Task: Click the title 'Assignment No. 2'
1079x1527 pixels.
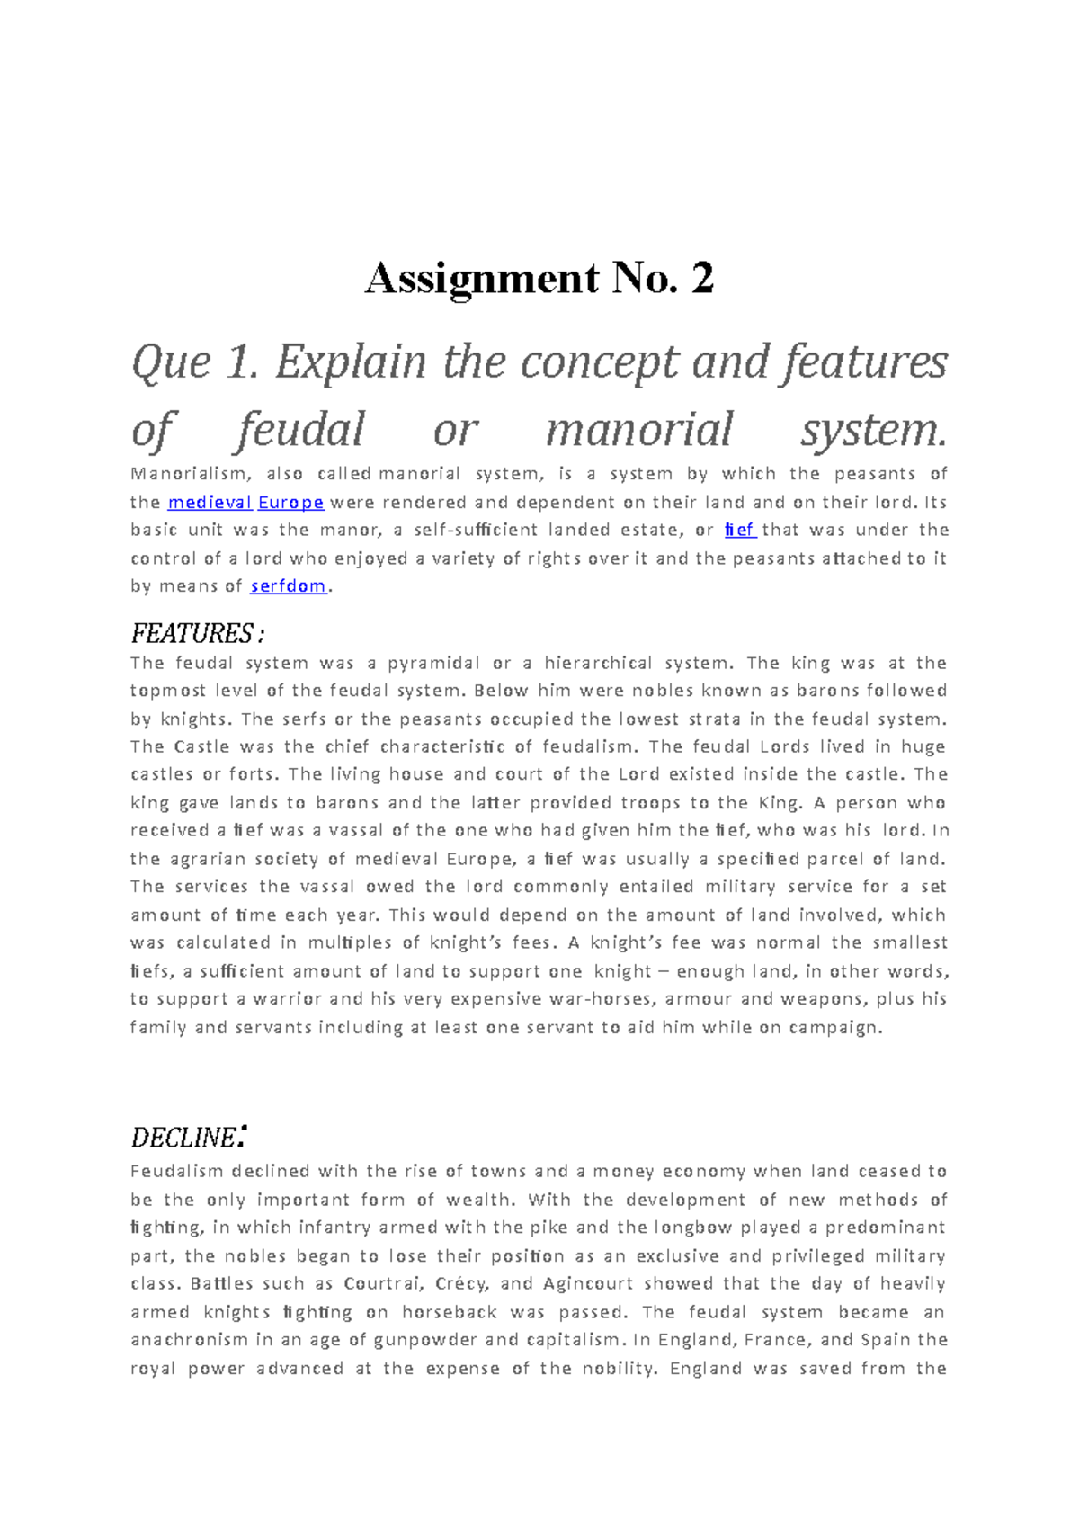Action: coord(539,278)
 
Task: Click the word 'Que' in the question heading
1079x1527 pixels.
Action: coord(171,363)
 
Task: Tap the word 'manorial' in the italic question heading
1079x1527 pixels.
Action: coord(639,430)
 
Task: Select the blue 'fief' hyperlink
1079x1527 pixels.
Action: coord(739,531)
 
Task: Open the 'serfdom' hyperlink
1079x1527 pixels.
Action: coord(289,586)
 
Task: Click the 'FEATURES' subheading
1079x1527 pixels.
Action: coord(192,634)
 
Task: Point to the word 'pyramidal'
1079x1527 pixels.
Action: coord(433,664)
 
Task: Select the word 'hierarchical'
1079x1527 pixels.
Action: coord(598,664)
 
